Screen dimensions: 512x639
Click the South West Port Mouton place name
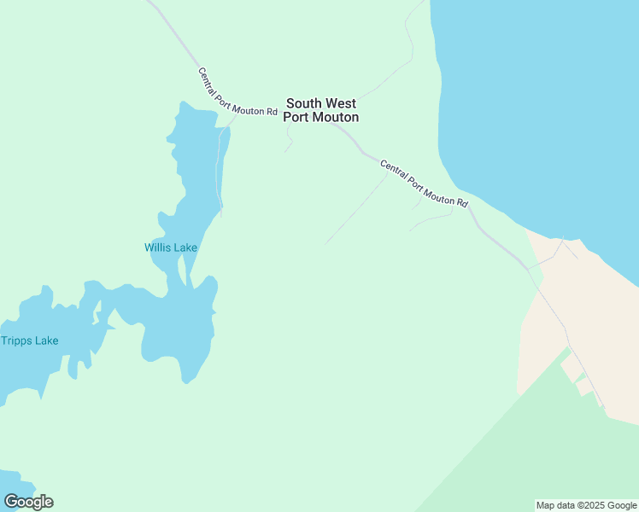click(320, 110)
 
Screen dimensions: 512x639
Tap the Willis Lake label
click(171, 247)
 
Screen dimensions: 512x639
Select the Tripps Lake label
click(30, 340)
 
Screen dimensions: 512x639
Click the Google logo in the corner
click(28, 502)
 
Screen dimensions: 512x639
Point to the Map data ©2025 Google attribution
click(586, 505)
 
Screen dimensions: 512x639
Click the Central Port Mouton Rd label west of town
click(237, 92)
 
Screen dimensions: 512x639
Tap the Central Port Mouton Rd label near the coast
click(425, 184)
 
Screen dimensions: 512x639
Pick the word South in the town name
click(303, 103)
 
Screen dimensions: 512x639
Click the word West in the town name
click(341, 103)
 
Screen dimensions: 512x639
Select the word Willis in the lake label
click(158, 247)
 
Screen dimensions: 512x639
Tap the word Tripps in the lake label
click(16, 340)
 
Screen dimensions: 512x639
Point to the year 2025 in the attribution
click(596, 505)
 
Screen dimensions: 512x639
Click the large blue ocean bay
click(547, 102)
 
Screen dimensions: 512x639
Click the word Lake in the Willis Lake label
click(185, 247)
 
